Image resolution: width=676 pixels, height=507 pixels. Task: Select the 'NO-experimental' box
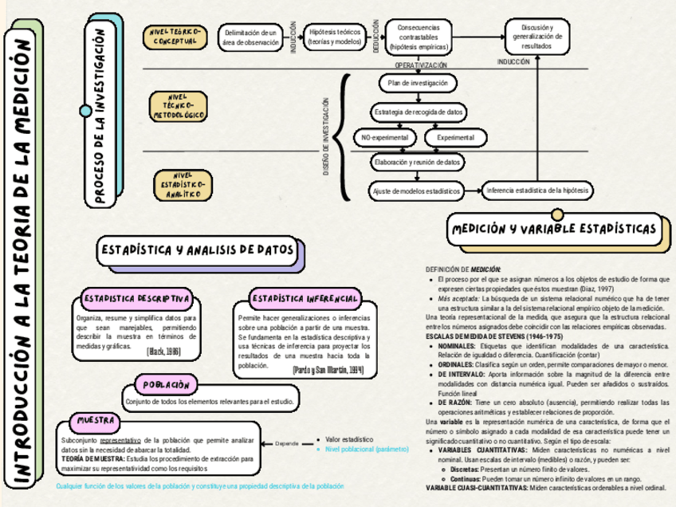click(x=385, y=138)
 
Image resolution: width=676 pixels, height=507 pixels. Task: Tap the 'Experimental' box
click(x=454, y=138)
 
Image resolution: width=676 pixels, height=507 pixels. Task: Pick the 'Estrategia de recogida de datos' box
click(x=418, y=112)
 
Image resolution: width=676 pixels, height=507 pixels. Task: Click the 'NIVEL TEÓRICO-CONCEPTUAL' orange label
click(x=175, y=36)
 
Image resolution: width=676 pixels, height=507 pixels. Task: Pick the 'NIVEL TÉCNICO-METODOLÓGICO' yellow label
click(x=178, y=105)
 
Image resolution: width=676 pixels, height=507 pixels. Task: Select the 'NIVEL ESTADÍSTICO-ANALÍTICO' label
click(x=179, y=185)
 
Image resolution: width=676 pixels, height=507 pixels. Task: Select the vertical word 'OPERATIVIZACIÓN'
click(x=421, y=65)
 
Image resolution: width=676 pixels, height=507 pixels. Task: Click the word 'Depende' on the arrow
click(x=287, y=443)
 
